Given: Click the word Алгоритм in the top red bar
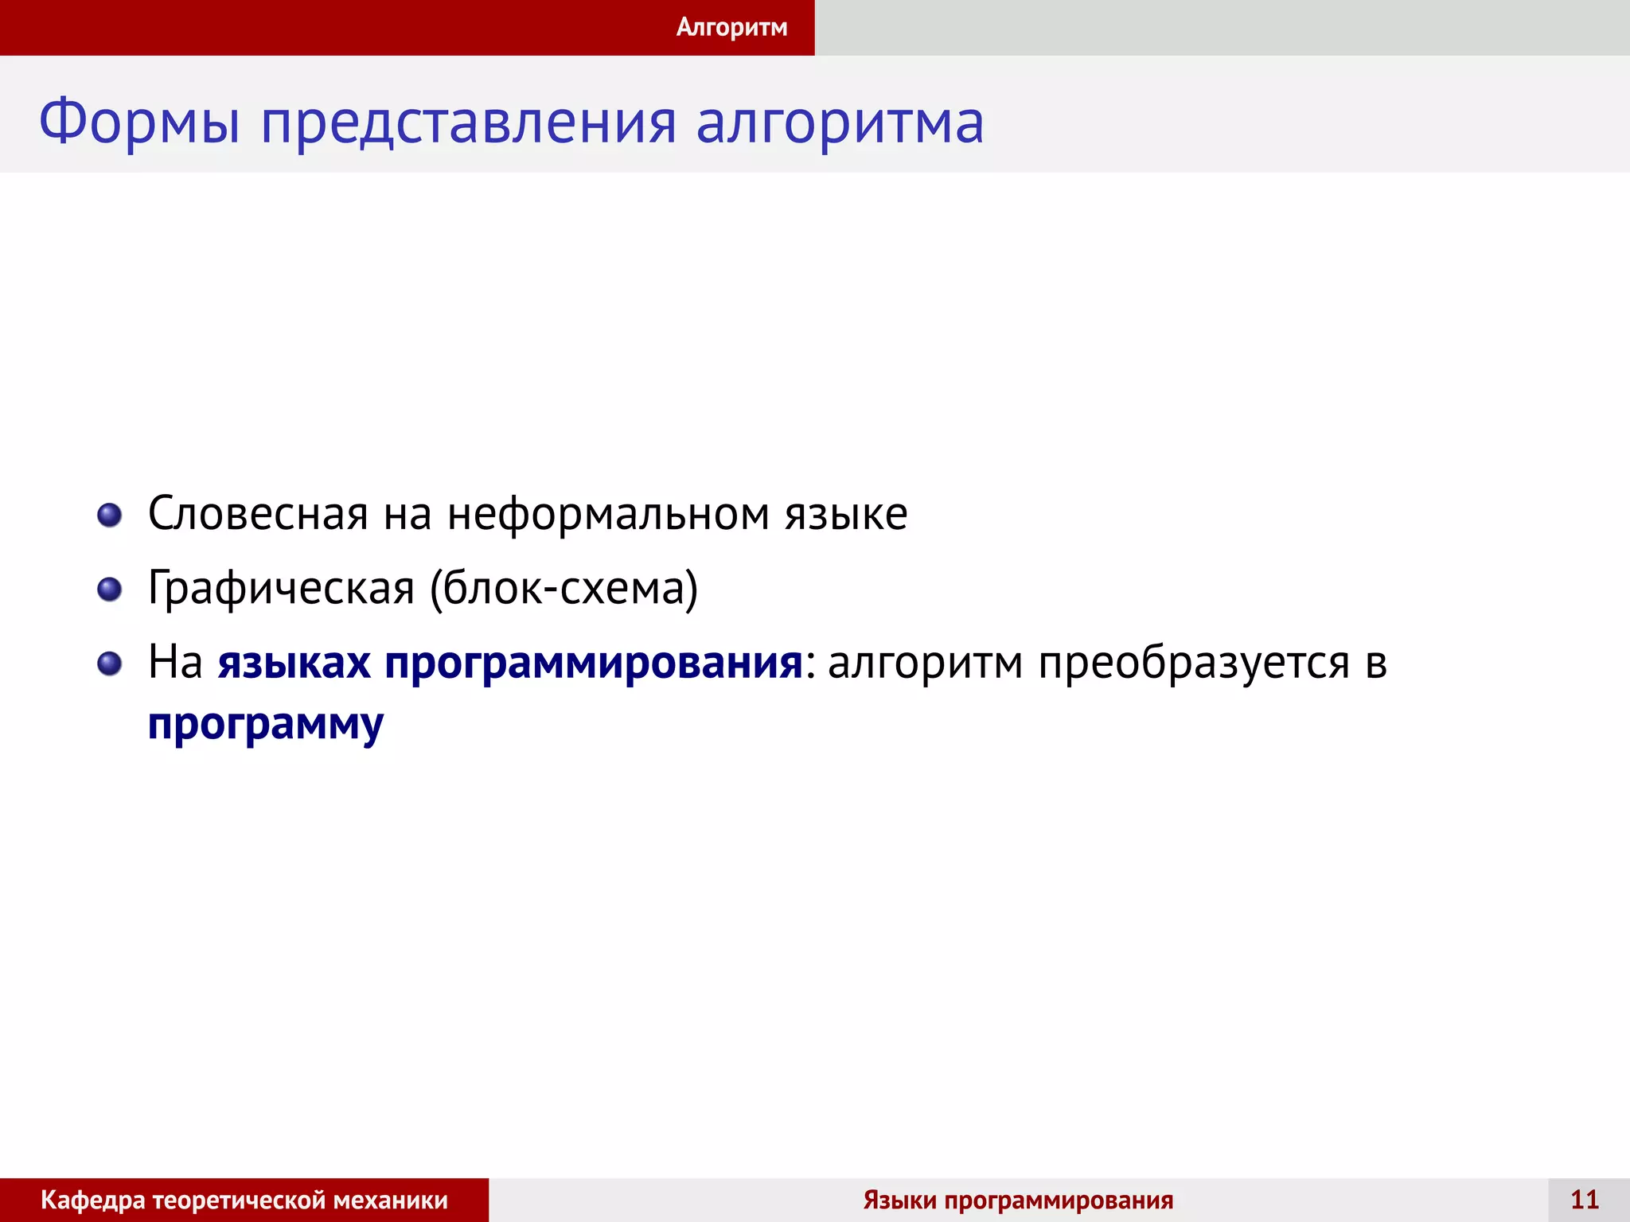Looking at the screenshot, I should point(731,27).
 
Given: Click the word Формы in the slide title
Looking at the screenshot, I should point(139,123).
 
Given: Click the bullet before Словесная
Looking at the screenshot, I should point(109,515).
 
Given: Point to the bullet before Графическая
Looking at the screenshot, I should point(109,590).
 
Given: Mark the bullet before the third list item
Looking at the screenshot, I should point(109,663).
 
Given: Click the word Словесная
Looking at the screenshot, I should point(258,514).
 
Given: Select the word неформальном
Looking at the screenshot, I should point(608,514).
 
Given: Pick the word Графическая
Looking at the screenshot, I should point(281,589).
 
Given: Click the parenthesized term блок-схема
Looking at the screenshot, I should point(563,589).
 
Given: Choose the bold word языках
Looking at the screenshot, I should point(294,663).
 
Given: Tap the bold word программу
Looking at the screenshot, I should point(266,725).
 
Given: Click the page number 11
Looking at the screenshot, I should point(1585,1200).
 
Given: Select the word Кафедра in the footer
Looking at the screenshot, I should point(93,1201).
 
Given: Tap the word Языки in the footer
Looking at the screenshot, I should point(899,1201).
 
